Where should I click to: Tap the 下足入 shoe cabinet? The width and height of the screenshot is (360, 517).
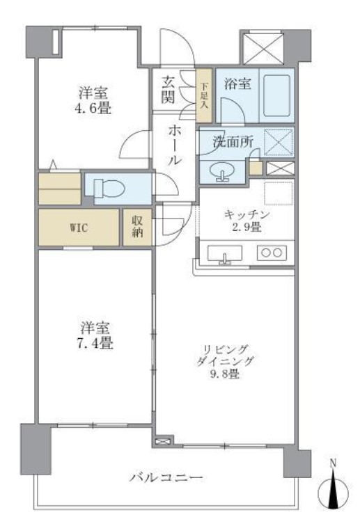pos(204,93)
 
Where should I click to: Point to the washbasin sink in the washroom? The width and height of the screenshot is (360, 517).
pos(221,170)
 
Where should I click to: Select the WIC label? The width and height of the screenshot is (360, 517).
pos(78,228)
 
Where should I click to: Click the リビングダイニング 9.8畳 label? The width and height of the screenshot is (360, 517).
pos(225,361)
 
